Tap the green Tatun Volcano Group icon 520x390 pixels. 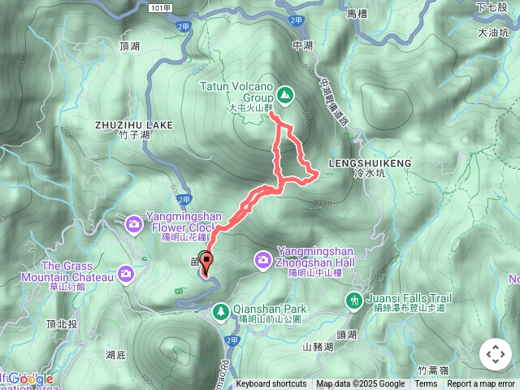tap(286, 93)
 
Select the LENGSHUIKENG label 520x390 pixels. tap(370, 163)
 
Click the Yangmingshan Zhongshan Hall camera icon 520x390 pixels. tap(262, 260)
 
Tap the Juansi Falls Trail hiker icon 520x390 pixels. tap(353, 301)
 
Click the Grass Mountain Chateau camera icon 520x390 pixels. tap(126, 273)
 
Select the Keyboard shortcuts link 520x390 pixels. tap(271, 384)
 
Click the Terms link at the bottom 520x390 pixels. tap(426, 384)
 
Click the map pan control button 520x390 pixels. tap(495, 354)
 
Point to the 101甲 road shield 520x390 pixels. tap(161, 7)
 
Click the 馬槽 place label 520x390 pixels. tap(357, 14)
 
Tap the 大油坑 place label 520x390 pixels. tap(494, 33)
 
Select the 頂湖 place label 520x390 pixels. tap(129, 47)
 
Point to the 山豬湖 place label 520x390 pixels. tap(318, 347)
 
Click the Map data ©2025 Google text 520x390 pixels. tap(361, 384)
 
